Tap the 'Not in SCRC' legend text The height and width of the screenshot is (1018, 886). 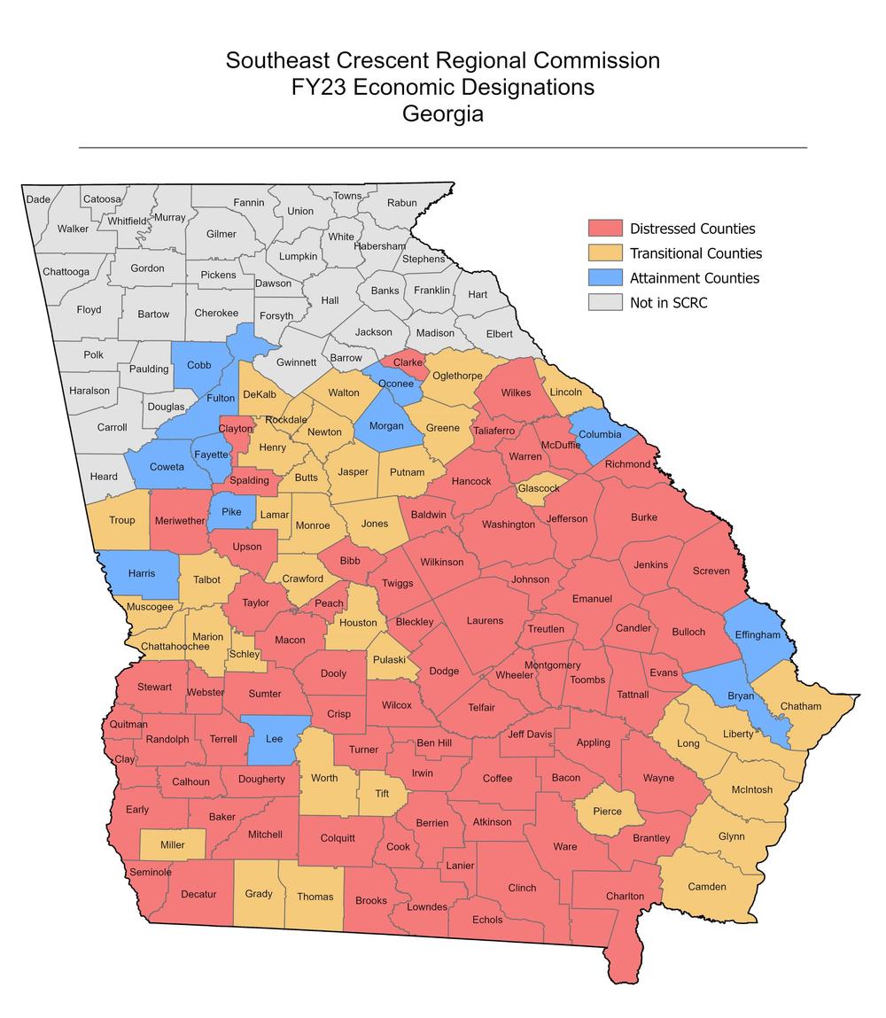(668, 303)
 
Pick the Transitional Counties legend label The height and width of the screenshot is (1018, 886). (696, 253)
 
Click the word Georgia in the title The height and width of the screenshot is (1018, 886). (443, 114)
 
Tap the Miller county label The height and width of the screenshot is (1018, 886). (173, 844)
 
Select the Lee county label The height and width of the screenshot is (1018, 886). (275, 738)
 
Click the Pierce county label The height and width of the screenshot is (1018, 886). (607, 811)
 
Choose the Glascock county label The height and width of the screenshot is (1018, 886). (539, 488)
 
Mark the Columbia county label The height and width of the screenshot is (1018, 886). (600, 434)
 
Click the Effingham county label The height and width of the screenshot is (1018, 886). (757, 634)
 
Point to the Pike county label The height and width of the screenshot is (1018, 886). (231, 511)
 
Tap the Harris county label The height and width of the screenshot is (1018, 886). (142, 573)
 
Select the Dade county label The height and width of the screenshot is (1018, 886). (38, 199)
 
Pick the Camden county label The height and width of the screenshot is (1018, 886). (707, 886)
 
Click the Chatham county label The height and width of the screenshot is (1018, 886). (800, 706)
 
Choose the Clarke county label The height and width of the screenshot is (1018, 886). (408, 362)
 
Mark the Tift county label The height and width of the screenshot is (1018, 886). (382, 793)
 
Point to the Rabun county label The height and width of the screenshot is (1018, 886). (402, 203)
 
